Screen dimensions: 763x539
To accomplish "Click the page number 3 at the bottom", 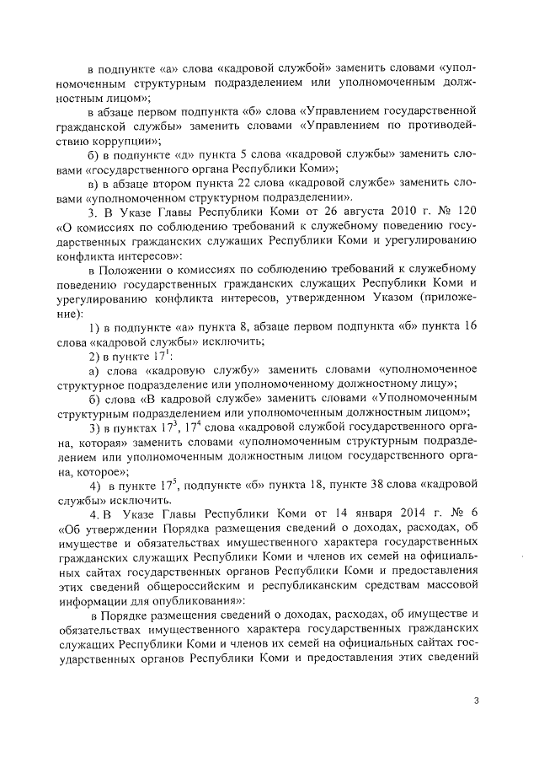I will pos(476,700).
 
